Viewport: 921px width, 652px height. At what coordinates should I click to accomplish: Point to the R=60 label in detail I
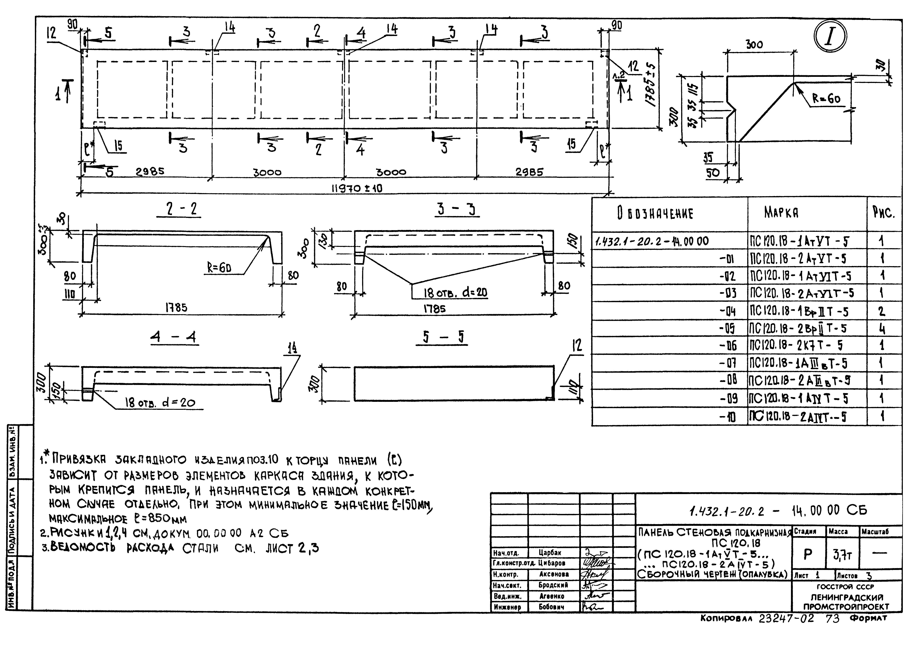click(826, 98)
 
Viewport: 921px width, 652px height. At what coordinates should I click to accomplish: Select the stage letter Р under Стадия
click(808, 554)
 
